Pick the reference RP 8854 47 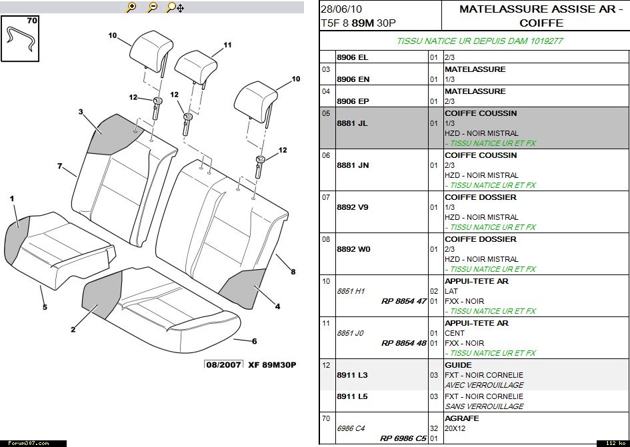[403, 301]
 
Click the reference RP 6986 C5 [403, 438]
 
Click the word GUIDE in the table [458, 365]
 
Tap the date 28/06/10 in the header [341, 9]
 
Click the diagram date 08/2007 [224, 365]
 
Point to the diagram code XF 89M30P [272, 365]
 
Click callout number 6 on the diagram [254, 341]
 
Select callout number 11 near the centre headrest [227, 45]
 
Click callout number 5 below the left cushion [45, 307]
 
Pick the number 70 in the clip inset [32, 21]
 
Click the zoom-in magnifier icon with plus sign [131, 7]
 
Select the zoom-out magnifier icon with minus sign [153, 7]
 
